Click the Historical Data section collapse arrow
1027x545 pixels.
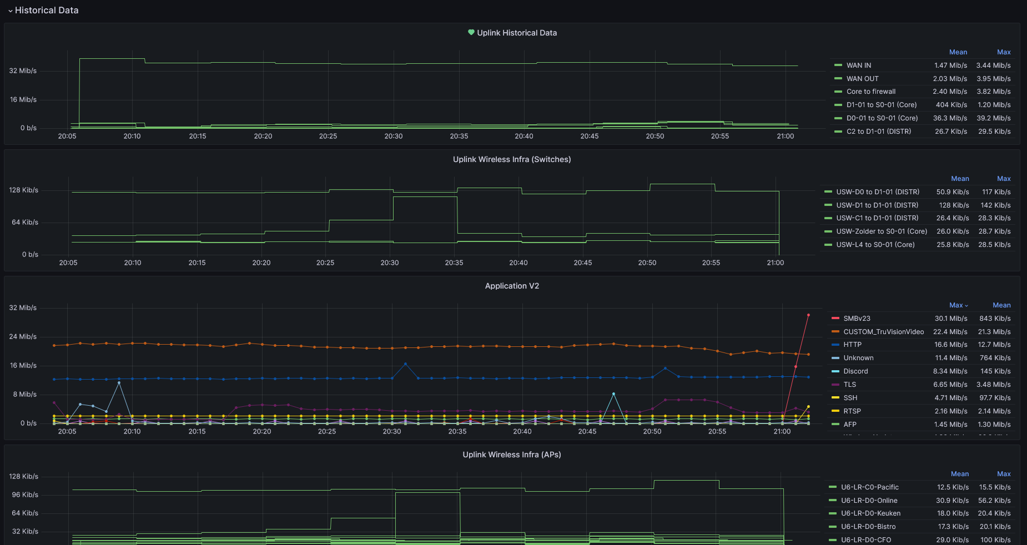click(10, 11)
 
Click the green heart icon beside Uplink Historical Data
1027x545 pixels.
click(471, 33)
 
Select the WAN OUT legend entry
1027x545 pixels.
click(862, 79)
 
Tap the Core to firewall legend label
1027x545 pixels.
click(870, 92)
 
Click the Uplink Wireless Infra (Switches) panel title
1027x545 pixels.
click(511, 159)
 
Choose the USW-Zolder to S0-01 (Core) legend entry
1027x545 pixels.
click(881, 231)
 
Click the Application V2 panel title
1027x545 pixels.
click(511, 286)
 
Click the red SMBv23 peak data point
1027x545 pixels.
click(808, 315)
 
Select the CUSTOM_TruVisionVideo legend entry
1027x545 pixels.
click(883, 332)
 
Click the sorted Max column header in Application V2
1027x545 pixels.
click(958, 305)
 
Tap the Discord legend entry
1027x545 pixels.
click(855, 371)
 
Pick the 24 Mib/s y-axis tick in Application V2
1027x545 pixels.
click(23, 337)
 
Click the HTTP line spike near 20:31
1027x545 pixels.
click(405, 364)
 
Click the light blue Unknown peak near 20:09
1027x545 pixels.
click(119, 383)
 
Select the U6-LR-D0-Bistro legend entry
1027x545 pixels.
click(868, 527)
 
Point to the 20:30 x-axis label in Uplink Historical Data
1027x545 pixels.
click(394, 137)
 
